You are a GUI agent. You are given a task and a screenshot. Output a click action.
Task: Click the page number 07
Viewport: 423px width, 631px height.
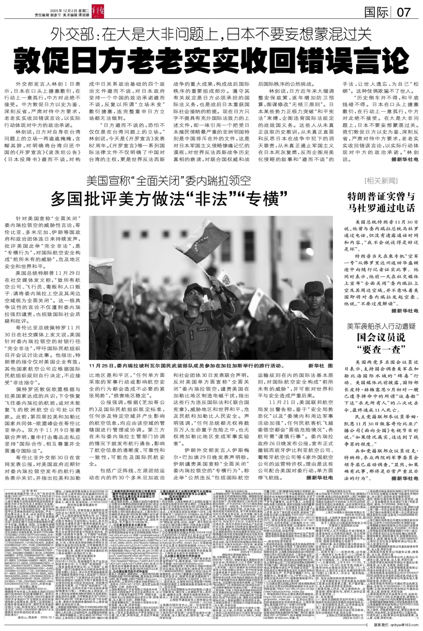pyautogui.click(x=403, y=12)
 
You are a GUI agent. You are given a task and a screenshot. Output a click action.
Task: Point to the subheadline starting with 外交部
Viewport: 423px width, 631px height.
pyautogui.click(x=211, y=34)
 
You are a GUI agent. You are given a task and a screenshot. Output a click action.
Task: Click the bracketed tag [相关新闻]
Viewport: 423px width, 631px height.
pyautogui.click(x=381, y=181)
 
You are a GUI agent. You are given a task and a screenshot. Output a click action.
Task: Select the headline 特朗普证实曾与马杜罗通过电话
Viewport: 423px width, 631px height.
pyautogui.click(x=381, y=202)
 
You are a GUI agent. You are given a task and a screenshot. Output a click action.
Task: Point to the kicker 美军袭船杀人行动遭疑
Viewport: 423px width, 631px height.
pyautogui.click(x=381, y=326)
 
